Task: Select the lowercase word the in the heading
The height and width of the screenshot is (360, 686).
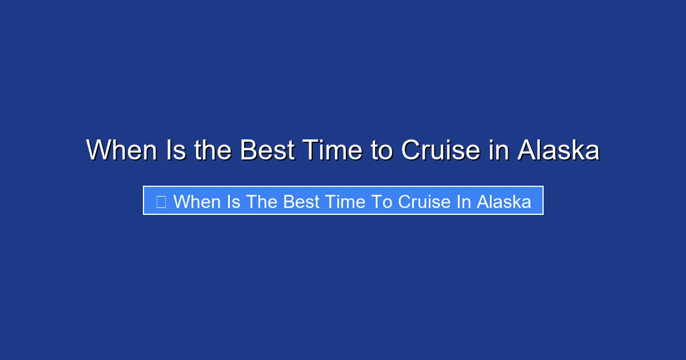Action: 213,150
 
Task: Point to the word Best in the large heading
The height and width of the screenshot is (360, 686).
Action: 266,150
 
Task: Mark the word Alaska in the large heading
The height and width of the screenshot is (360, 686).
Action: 559,150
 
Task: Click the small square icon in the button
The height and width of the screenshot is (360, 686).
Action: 161,201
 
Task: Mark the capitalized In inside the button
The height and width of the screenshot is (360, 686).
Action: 462,201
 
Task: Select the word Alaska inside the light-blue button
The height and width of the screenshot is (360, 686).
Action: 504,201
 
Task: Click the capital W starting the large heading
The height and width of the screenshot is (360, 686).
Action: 98,150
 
